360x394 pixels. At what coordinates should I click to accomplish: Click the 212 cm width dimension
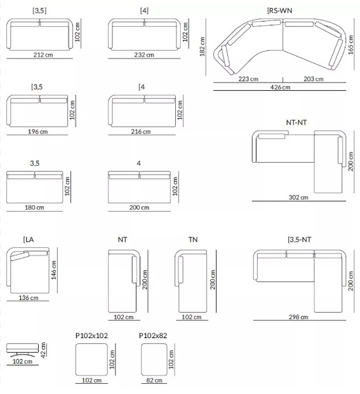click(x=43, y=55)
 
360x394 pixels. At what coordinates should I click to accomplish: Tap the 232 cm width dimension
click(x=144, y=55)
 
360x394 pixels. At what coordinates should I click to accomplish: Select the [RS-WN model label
click(x=279, y=11)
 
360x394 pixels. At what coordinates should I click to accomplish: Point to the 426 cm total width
click(x=280, y=87)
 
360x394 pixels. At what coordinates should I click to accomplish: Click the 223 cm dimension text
click(x=248, y=79)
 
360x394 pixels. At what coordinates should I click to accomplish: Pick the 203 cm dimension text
click(x=314, y=79)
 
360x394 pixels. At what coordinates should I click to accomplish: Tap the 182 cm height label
click(x=203, y=46)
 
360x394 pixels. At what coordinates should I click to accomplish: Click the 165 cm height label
click(x=350, y=44)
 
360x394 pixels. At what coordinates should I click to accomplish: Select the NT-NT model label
click(x=297, y=123)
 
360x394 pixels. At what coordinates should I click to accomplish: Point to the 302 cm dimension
click(x=298, y=197)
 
